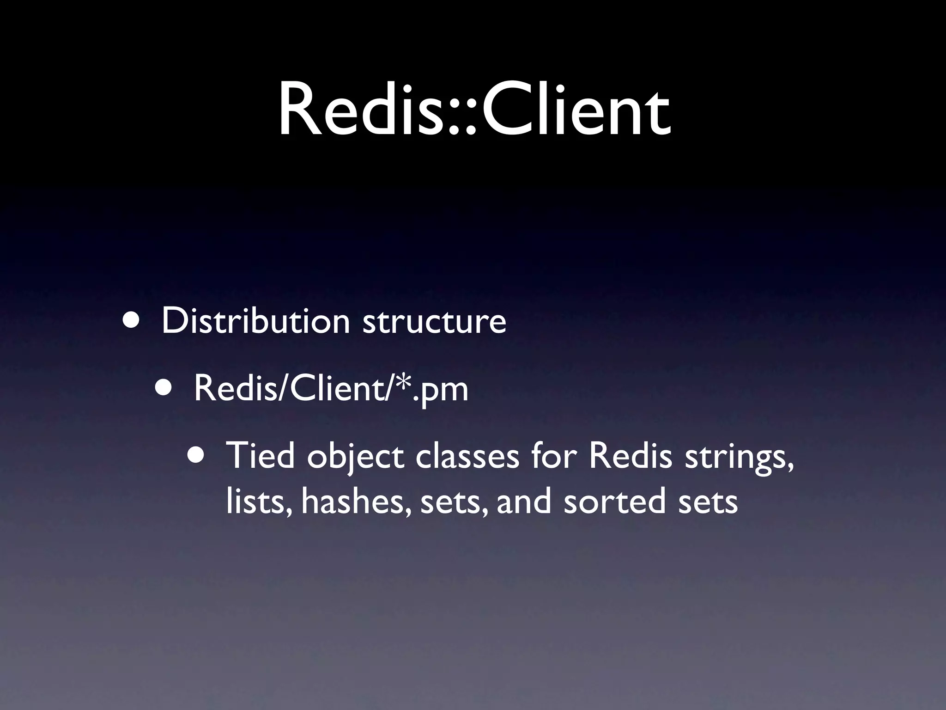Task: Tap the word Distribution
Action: tap(255, 321)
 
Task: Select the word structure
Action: tap(434, 322)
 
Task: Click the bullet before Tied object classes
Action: tap(198, 456)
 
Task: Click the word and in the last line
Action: tap(524, 502)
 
